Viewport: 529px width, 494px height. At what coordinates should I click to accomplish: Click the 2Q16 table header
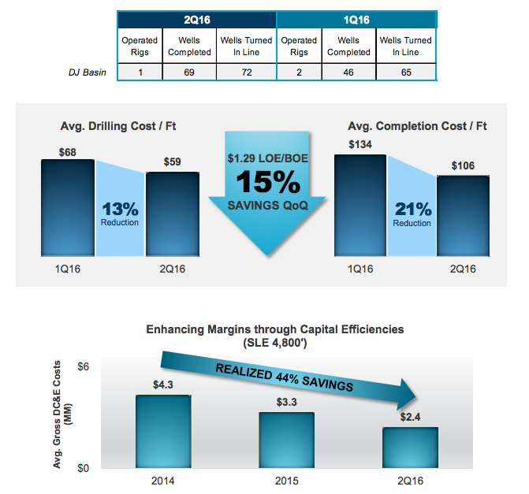pyautogui.click(x=196, y=19)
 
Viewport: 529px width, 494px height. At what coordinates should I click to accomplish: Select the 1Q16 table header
pyautogui.click(x=356, y=19)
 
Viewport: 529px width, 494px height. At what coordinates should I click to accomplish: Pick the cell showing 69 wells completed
pyautogui.click(x=190, y=72)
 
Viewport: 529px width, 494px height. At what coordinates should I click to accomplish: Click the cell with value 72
pyautogui.click(x=248, y=72)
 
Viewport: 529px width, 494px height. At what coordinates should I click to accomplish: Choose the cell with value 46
pyautogui.click(x=348, y=72)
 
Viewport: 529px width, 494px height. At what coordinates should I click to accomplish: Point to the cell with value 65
pyautogui.click(x=406, y=72)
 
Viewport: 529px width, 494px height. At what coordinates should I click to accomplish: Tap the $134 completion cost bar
pyautogui.click(x=360, y=204)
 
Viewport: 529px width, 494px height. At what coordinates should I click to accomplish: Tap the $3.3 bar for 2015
pyautogui.click(x=287, y=439)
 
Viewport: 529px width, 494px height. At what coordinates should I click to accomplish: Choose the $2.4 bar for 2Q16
pyautogui.click(x=410, y=447)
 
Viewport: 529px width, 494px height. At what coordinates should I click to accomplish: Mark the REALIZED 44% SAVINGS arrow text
pyautogui.click(x=283, y=379)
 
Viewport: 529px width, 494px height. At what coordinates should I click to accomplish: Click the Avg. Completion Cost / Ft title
pyautogui.click(x=417, y=126)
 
